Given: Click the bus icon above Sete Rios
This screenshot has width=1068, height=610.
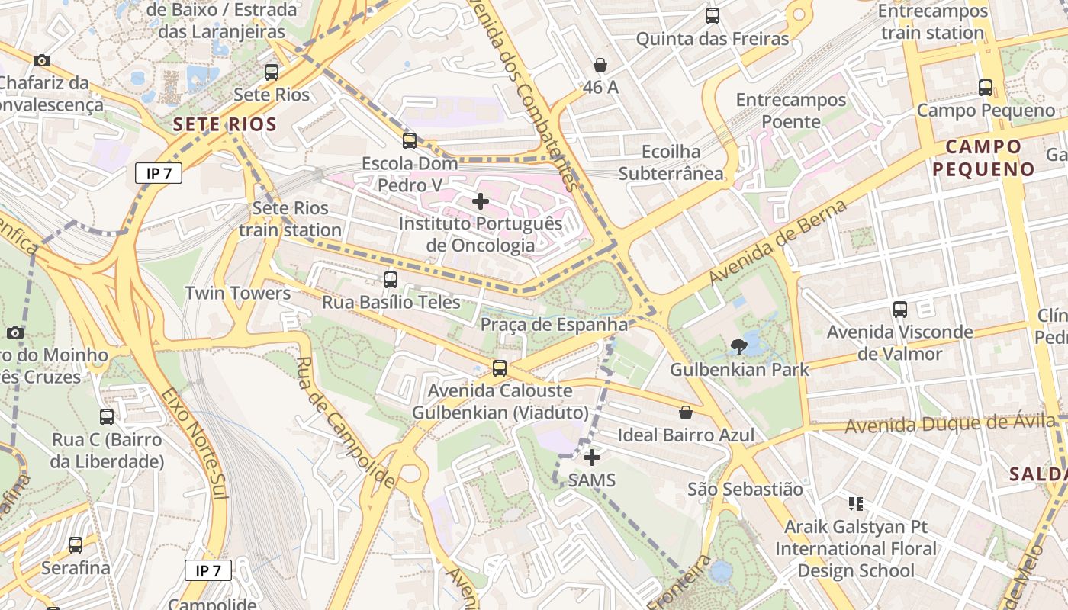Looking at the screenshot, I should click(x=272, y=72).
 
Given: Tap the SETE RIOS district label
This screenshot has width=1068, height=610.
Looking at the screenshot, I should click(x=224, y=124).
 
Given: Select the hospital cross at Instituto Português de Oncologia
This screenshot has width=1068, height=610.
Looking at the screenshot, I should click(x=481, y=201).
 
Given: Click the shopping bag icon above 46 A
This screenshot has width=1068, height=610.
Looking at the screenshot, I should click(x=600, y=65).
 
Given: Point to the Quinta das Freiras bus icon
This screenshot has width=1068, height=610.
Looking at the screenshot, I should click(x=713, y=16).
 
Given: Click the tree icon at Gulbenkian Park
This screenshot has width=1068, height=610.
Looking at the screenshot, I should click(x=738, y=347).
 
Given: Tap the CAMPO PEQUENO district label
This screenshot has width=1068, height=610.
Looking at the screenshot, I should click(x=983, y=158).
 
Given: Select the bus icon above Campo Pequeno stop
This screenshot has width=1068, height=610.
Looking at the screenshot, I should click(x=986, y=88).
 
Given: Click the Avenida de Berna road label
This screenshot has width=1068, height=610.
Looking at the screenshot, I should click(x=778, y=242).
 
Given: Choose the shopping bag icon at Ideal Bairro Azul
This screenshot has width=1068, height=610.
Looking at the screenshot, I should click(x=686, y=413).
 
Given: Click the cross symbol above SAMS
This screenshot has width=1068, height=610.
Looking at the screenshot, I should click(x=592, y=457).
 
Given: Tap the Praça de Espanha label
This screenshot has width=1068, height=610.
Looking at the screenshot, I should click(x=554, y=325).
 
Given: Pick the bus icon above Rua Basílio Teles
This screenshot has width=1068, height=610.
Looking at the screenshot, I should click(x=391, y=280).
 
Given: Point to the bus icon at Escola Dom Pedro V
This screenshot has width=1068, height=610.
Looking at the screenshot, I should click(x=410, y=141).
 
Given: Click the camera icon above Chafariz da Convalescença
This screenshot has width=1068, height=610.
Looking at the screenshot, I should click(x=42, y=60).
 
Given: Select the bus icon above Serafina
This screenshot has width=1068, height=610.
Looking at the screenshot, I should click(x=76, y=545).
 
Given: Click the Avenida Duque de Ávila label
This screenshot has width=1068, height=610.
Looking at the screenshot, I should click(x=954, y=425).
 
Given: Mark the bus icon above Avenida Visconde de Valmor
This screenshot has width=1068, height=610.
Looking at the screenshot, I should click(x=900, y=310).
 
